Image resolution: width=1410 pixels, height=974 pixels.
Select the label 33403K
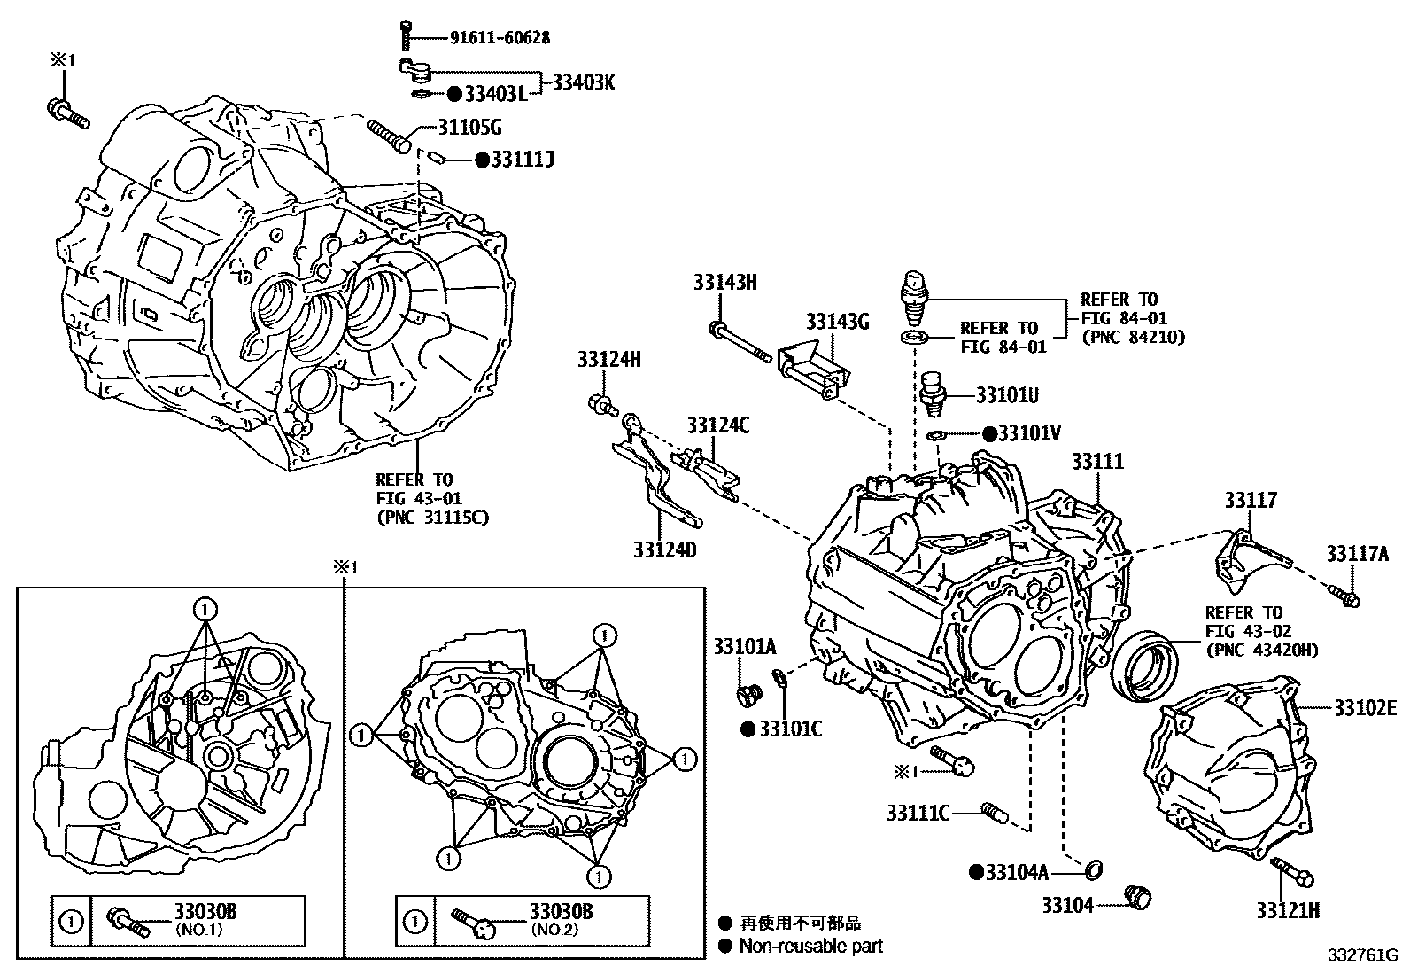click(x=583, y=82)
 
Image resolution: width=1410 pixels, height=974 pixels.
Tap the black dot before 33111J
click(x=482, y=160)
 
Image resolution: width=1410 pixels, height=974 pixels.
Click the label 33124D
click(x=664, y=549)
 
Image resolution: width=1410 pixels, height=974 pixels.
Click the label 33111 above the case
click(x=1097, y=461)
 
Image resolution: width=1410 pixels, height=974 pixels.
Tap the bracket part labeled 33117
click(x=1248, y=559)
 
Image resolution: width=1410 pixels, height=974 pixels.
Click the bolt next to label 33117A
click(x=1344, y=596)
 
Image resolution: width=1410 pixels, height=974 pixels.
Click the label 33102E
click(x=1365, y=707)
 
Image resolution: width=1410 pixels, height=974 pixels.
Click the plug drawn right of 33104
click(x=1137, y=898)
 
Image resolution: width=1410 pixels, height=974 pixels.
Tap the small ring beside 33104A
click(x=1094, y=870)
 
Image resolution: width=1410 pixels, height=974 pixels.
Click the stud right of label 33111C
click(x=996, y=811)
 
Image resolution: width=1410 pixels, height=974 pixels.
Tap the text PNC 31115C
click(x=432, y=518)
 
